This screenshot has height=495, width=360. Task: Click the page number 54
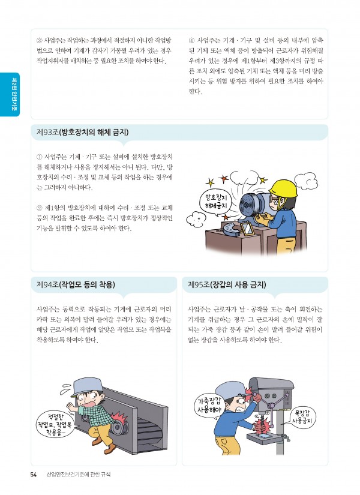(x=34, y=475)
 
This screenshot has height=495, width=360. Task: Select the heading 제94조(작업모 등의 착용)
(x=76, y=285)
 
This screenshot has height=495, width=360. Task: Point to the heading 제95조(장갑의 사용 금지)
(x=227, y=285)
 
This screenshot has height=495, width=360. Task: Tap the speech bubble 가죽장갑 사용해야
(x=209, y=406)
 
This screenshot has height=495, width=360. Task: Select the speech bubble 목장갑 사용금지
(x=302, y=417)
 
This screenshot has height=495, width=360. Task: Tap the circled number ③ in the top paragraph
(x=40, y=41)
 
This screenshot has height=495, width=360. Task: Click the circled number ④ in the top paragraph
(x=191, y=41)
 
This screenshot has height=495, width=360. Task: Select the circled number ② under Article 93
(x=40, y=208)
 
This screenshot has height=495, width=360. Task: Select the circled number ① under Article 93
(x=40, y=157)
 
